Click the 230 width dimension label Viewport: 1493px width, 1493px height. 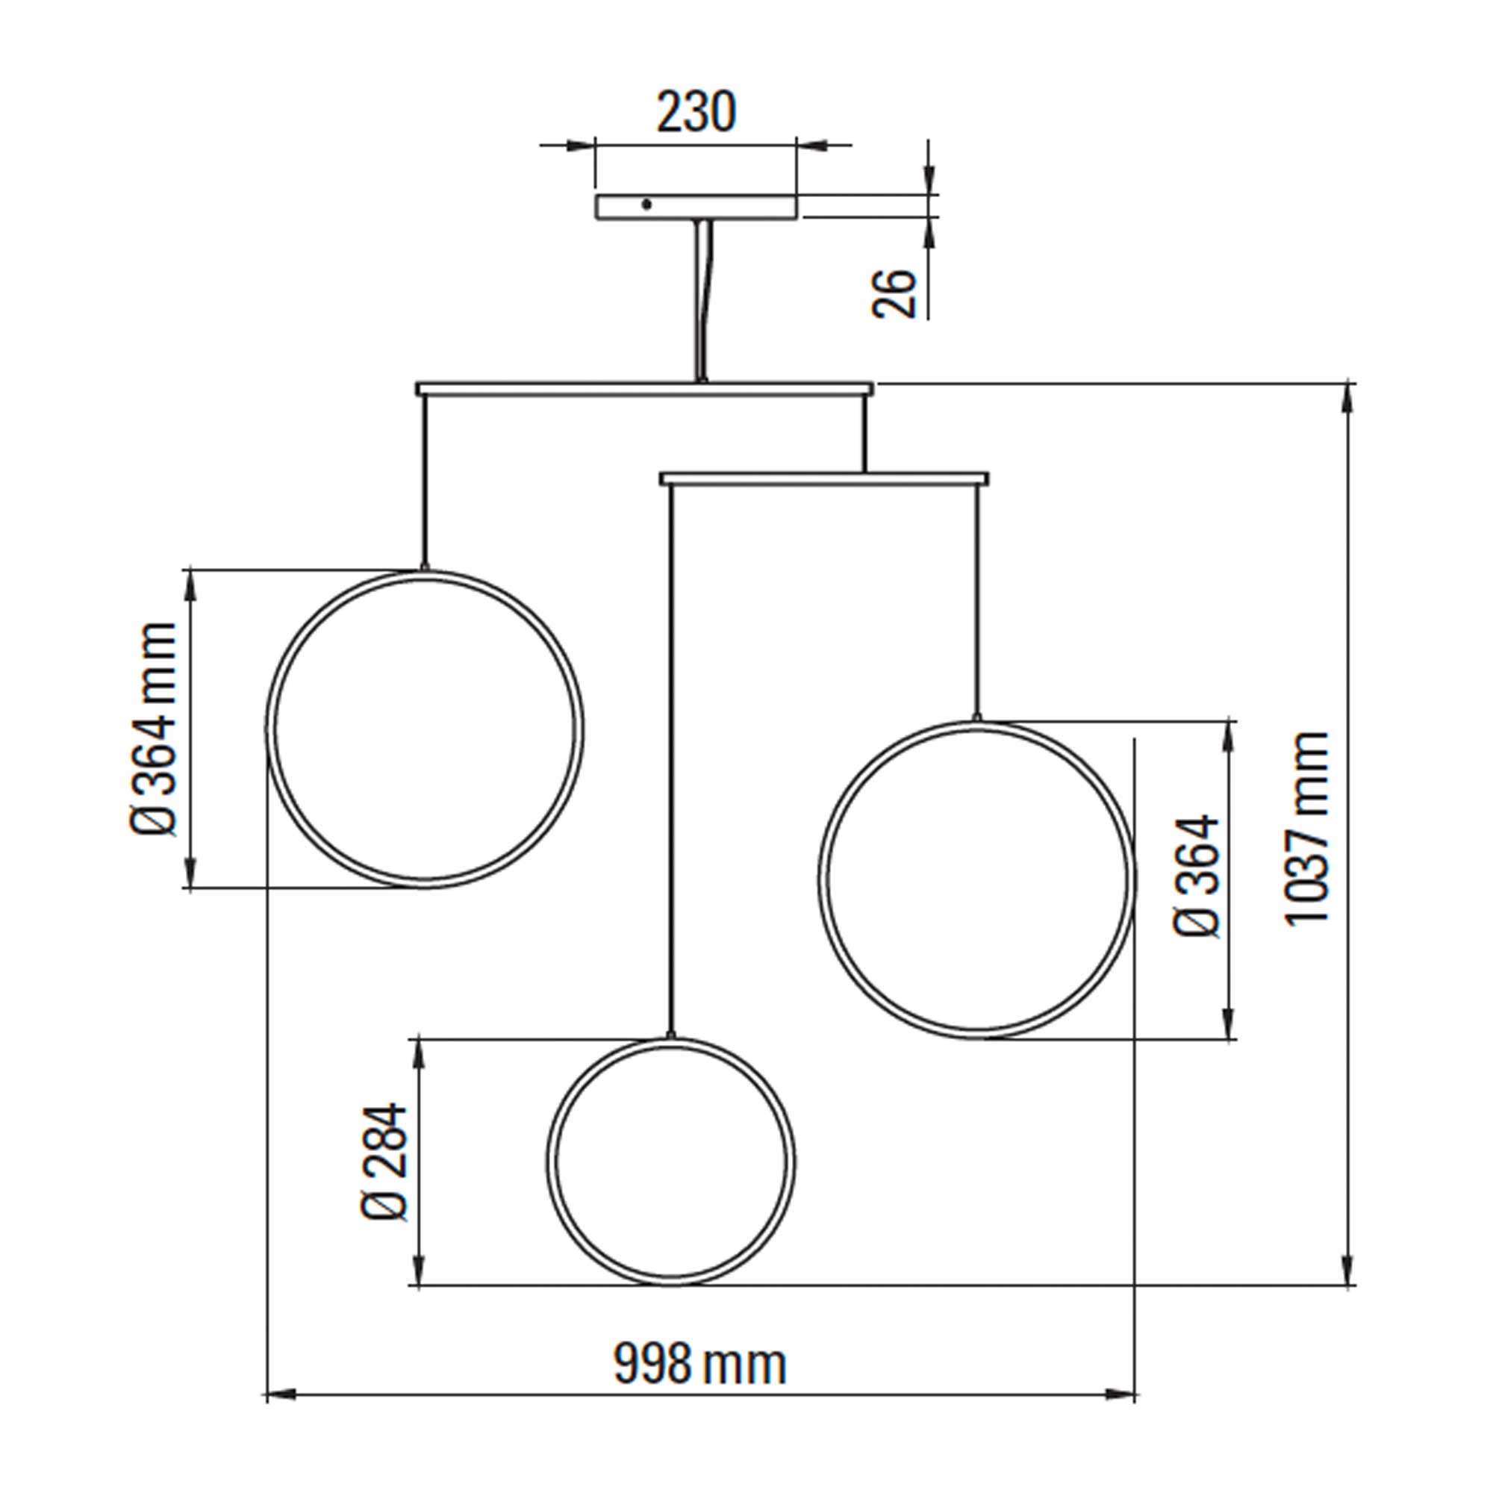[x=696, y=113]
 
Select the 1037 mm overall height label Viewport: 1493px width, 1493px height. [x=1307, y=827]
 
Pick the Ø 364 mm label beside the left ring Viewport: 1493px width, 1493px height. [x=152, y=729]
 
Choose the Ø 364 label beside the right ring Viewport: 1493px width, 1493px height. [x=1196, y=876]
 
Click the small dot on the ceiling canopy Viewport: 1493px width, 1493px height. [x=646, y=204]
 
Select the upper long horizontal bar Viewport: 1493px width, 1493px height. [x=644, y=388]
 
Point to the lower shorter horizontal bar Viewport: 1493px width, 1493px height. [x=824, y=479]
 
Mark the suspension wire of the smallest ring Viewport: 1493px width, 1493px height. [x=671, y=757]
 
